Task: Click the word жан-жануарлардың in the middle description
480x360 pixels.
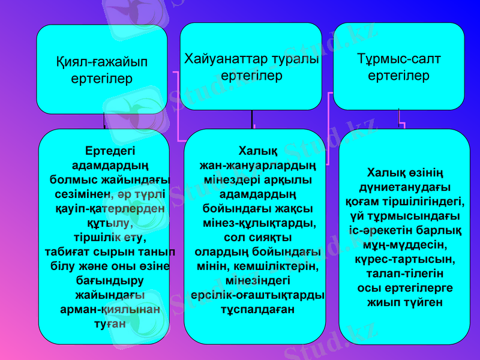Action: click(x=258, y=164)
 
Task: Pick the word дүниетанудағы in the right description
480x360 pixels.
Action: click(x=405, y=187)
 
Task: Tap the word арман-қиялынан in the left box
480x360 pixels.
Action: click(x=110, y=310)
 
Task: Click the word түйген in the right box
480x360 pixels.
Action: click(x=422, y=302)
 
